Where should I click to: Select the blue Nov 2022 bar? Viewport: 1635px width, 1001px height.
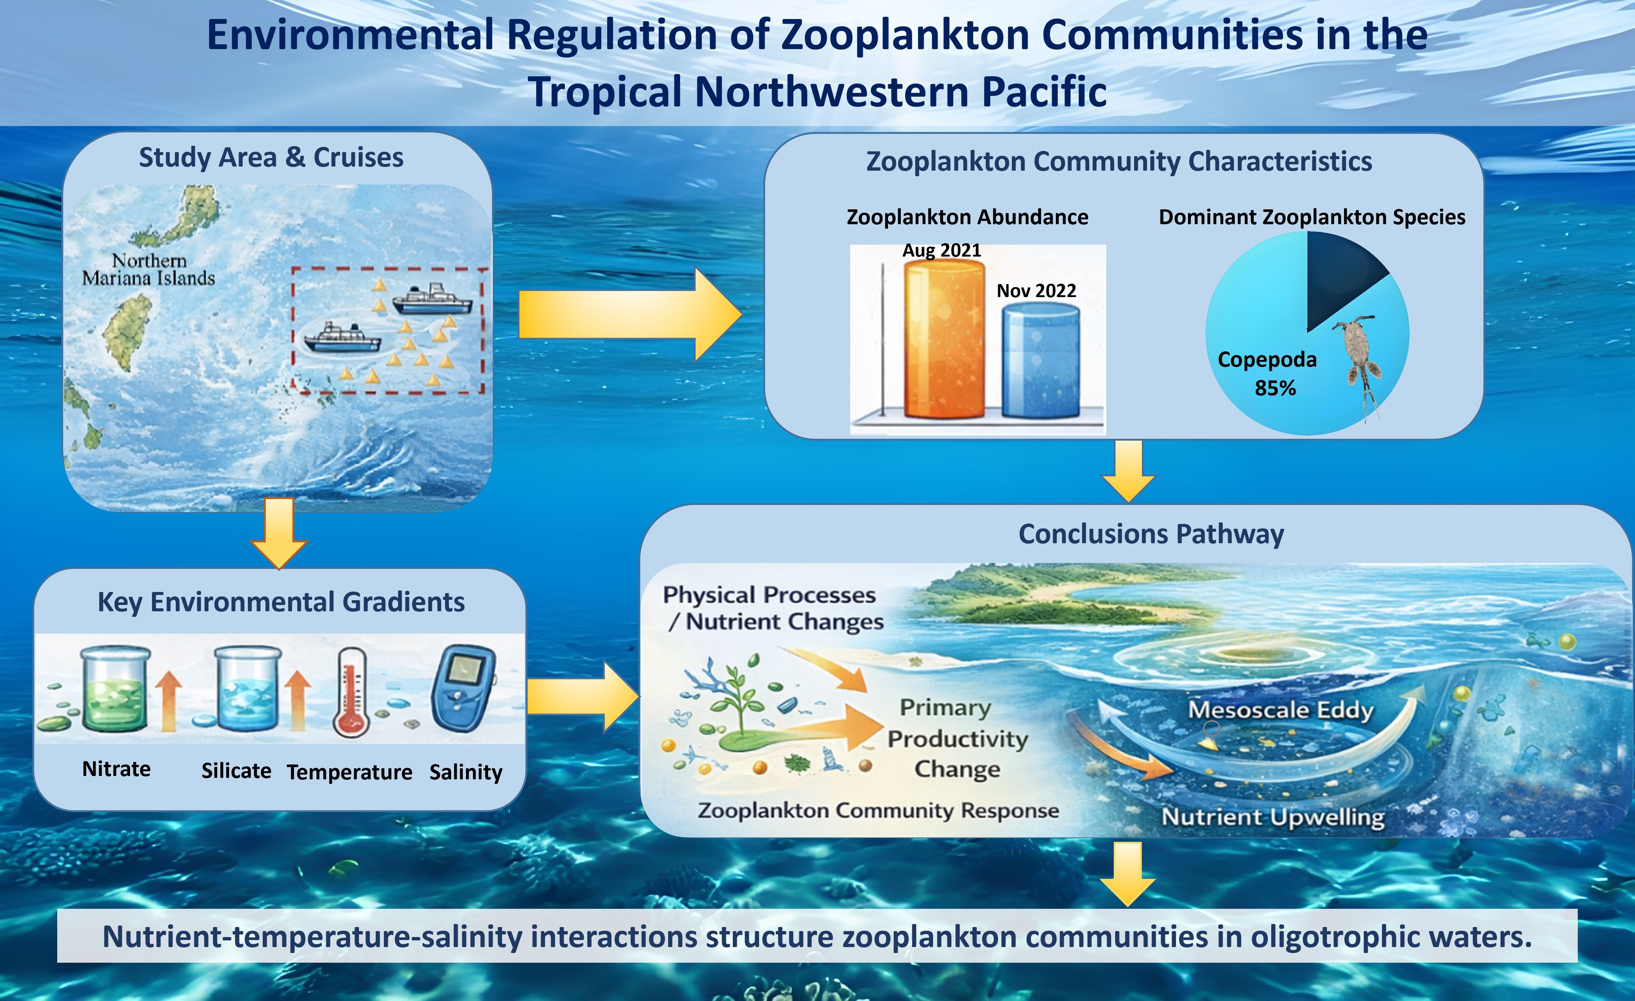(x=1040, y=360)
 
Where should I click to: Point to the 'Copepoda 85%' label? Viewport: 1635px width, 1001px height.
(x=1267, y=373)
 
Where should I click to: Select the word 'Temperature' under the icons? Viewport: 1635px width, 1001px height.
(x=350, y=772)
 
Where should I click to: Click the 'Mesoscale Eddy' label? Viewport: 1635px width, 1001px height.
(x=1281, y=709)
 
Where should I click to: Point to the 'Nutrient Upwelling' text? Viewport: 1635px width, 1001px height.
(x=1273, y=817)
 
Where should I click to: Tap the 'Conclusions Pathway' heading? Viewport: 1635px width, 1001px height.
(x=1151, y=534)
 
